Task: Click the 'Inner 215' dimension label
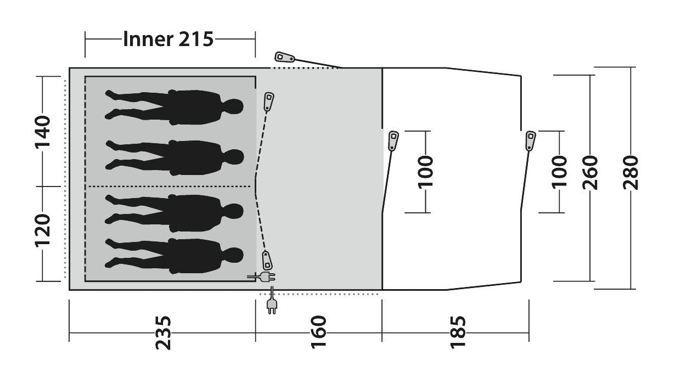click(168, 39)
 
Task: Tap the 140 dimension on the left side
click(42, 132)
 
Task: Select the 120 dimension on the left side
click(42, 231)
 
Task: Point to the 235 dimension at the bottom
click(163, 333)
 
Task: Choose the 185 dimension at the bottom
click(458, 332)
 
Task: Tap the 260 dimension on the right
click(590, 173)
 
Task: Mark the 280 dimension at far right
click(631, 173)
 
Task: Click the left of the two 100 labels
click(425, 172)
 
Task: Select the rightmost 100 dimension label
click(560, 172)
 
